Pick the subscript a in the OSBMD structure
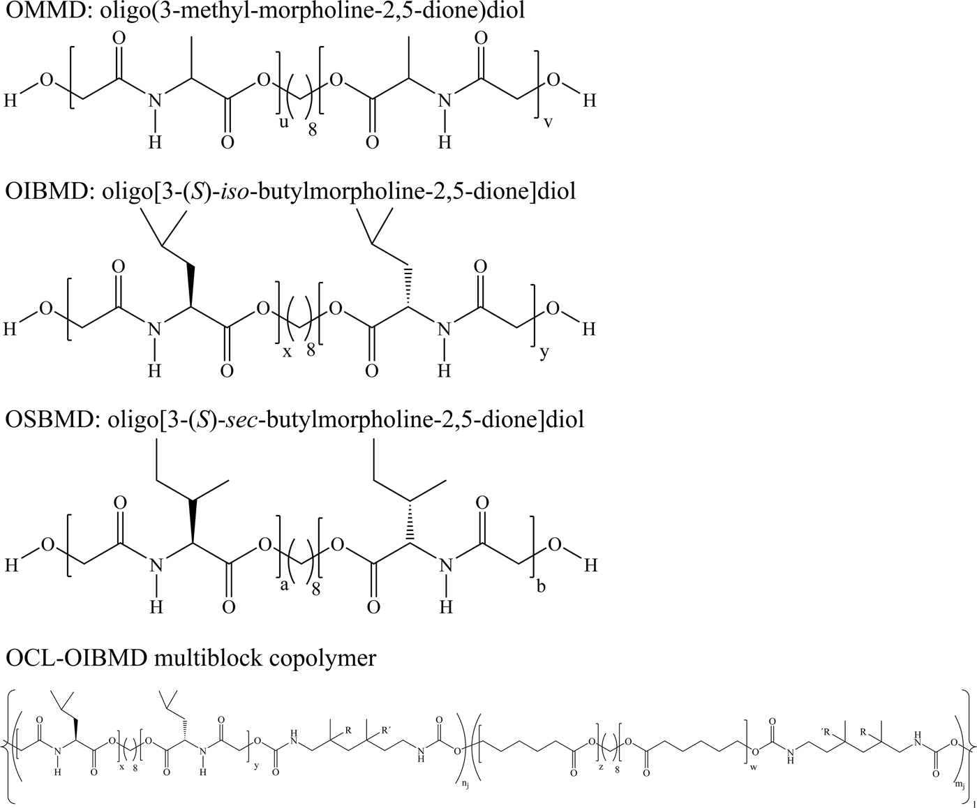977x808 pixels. tap(284, 585)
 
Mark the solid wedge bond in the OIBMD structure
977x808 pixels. tap(191, 285)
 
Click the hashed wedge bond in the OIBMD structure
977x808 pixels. tap(406, 286)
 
